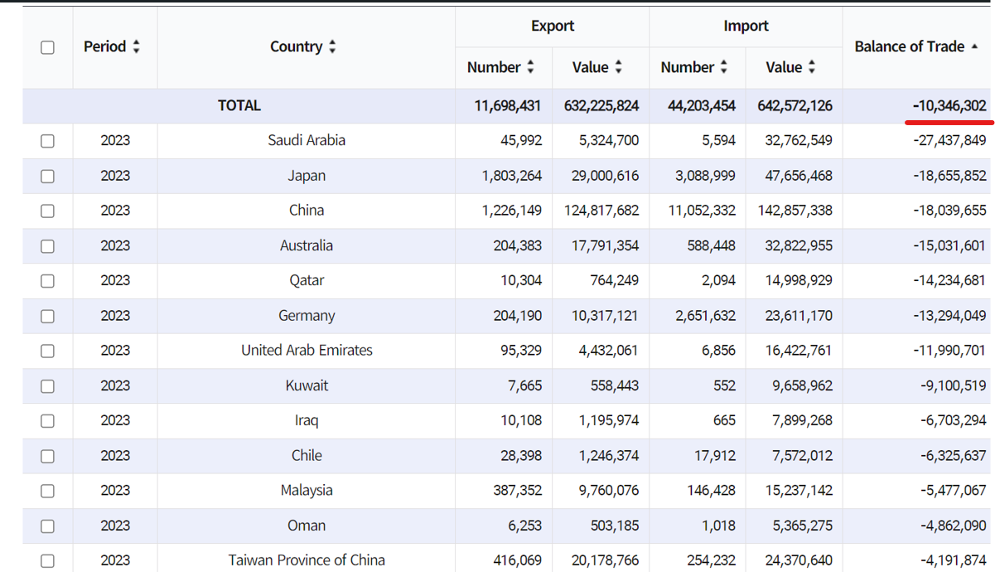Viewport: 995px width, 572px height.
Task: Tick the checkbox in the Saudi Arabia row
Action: tap(47, 141)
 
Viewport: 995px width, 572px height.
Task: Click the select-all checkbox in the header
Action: tap(47, 47)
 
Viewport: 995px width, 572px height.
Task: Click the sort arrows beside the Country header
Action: tap(332, 47)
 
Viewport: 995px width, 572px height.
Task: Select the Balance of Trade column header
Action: tap(910, 46)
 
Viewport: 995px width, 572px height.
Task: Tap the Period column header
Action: tap(104, 46)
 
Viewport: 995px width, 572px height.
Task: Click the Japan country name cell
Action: tap(307, 176)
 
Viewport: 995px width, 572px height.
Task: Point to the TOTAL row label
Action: tap(239, 105)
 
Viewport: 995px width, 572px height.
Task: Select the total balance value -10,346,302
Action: tap(949, 105)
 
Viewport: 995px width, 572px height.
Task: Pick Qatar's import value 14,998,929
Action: tap(795, 280)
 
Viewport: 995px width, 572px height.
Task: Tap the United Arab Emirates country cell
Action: tap(307, 351)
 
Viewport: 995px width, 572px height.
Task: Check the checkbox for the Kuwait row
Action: tap(47, 386)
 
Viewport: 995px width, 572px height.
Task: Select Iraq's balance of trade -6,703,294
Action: tap(953, 420)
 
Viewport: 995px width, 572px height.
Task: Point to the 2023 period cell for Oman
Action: tap(115, 526)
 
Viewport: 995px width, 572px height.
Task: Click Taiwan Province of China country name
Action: tap(307, 560)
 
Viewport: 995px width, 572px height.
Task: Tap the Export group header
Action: tap(553, 26)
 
